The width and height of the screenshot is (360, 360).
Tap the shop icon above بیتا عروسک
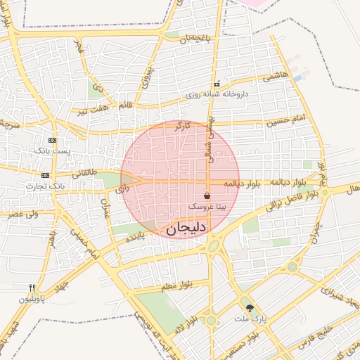click(207, 195)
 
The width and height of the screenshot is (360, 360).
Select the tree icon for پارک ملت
click(247, 307)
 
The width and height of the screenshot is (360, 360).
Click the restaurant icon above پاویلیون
click(32, 288)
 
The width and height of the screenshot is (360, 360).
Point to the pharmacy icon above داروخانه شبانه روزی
click(217, 84)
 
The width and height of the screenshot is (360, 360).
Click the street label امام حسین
click(286, 121)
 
